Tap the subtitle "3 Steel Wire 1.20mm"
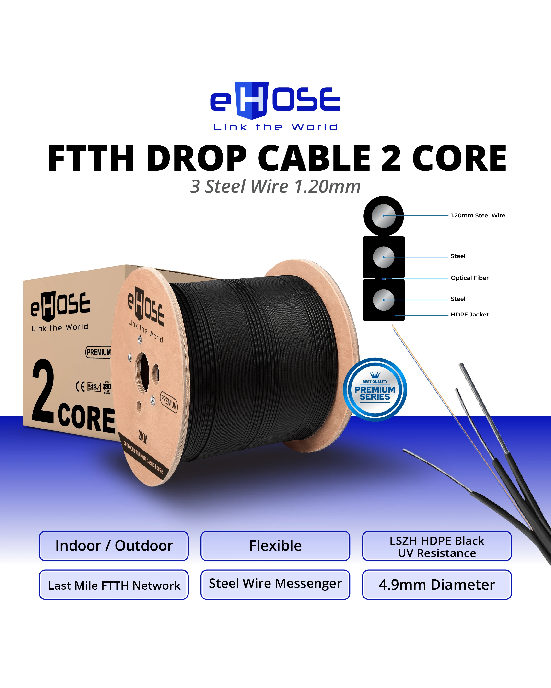coord(275,186)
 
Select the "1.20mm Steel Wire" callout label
coord(478,215)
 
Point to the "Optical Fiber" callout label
coord(469,278)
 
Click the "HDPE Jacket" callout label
coord(469,314)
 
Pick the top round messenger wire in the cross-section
coord(384,216)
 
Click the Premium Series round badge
coord(375,389)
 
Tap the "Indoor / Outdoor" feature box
coord(114,546)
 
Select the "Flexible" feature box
coord(275,546)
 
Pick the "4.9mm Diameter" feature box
coord(437,585)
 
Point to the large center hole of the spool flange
coord(143,372)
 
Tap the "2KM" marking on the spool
coord(143,437)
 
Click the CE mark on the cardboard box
coord(80,387)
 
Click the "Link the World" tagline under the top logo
coord(275,127)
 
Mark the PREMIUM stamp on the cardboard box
coord(99,352)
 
